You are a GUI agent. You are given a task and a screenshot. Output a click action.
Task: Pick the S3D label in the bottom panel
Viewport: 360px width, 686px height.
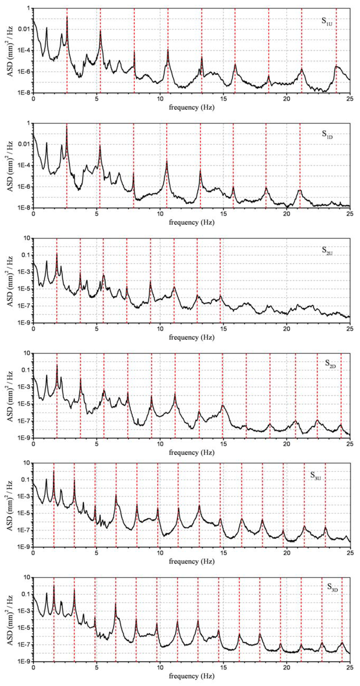coord(333,587)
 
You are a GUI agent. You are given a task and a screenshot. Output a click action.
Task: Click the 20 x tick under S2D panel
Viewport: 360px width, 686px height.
coord(287,444)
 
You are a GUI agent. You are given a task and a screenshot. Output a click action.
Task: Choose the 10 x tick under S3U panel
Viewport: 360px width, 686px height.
coord(160,553)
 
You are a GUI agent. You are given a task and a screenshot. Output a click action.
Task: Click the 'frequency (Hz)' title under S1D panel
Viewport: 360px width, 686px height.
coord(191,222)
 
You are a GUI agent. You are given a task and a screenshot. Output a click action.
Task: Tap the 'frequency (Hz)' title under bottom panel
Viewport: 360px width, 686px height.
coord(191,676)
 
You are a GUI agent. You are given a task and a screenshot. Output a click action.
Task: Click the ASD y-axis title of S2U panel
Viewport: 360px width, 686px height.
coord(10,280)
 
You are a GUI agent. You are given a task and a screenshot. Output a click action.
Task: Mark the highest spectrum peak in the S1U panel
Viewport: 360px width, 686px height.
coord(67,17)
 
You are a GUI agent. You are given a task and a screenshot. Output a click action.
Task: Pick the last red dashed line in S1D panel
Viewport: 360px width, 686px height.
coord(300,165)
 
